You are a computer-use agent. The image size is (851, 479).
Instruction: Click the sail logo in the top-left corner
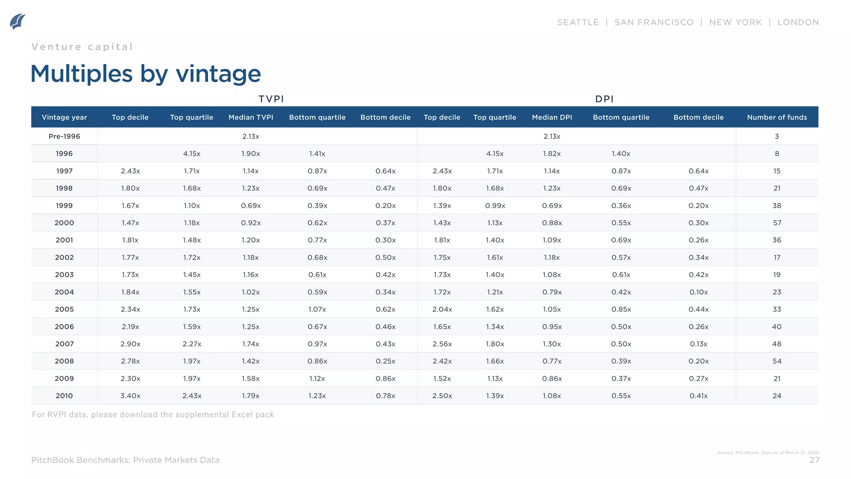tap(18, 21)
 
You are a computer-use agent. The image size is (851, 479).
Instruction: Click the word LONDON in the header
tap(798, 22)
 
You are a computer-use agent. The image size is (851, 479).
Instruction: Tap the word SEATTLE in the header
tap(578, 22)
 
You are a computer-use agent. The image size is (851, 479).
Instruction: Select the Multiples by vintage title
tap(146, 74)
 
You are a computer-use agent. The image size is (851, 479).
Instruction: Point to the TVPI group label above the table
tap(271, 99)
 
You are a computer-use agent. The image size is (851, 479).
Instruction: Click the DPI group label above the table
tap(604, 99)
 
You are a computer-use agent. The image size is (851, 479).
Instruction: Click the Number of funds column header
tap(777, 117)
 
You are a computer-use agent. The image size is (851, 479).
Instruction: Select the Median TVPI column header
tap(251, 117)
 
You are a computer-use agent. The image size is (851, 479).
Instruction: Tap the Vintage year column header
tap(64, 117)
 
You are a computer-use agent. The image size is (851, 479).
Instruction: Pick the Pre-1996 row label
tap(64, 136)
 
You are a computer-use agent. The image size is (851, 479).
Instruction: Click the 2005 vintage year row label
tap(64, 309)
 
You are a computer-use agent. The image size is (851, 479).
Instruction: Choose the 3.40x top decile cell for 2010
tap(130, 396)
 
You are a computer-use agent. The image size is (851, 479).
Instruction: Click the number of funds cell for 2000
tap(777, 223)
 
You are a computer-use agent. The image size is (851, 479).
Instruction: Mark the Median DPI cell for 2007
tap(552, 344)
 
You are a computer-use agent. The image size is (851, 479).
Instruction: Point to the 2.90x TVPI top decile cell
tap(130, 344)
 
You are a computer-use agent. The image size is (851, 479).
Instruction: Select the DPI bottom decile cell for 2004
tap(699, 292)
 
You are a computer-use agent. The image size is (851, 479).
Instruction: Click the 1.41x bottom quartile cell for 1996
tap(317, 154)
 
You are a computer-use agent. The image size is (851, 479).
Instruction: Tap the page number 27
tap(814, 460)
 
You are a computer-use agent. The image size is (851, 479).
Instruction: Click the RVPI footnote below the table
tap(153, 415)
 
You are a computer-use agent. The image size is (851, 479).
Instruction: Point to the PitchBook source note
tap(767, 452)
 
